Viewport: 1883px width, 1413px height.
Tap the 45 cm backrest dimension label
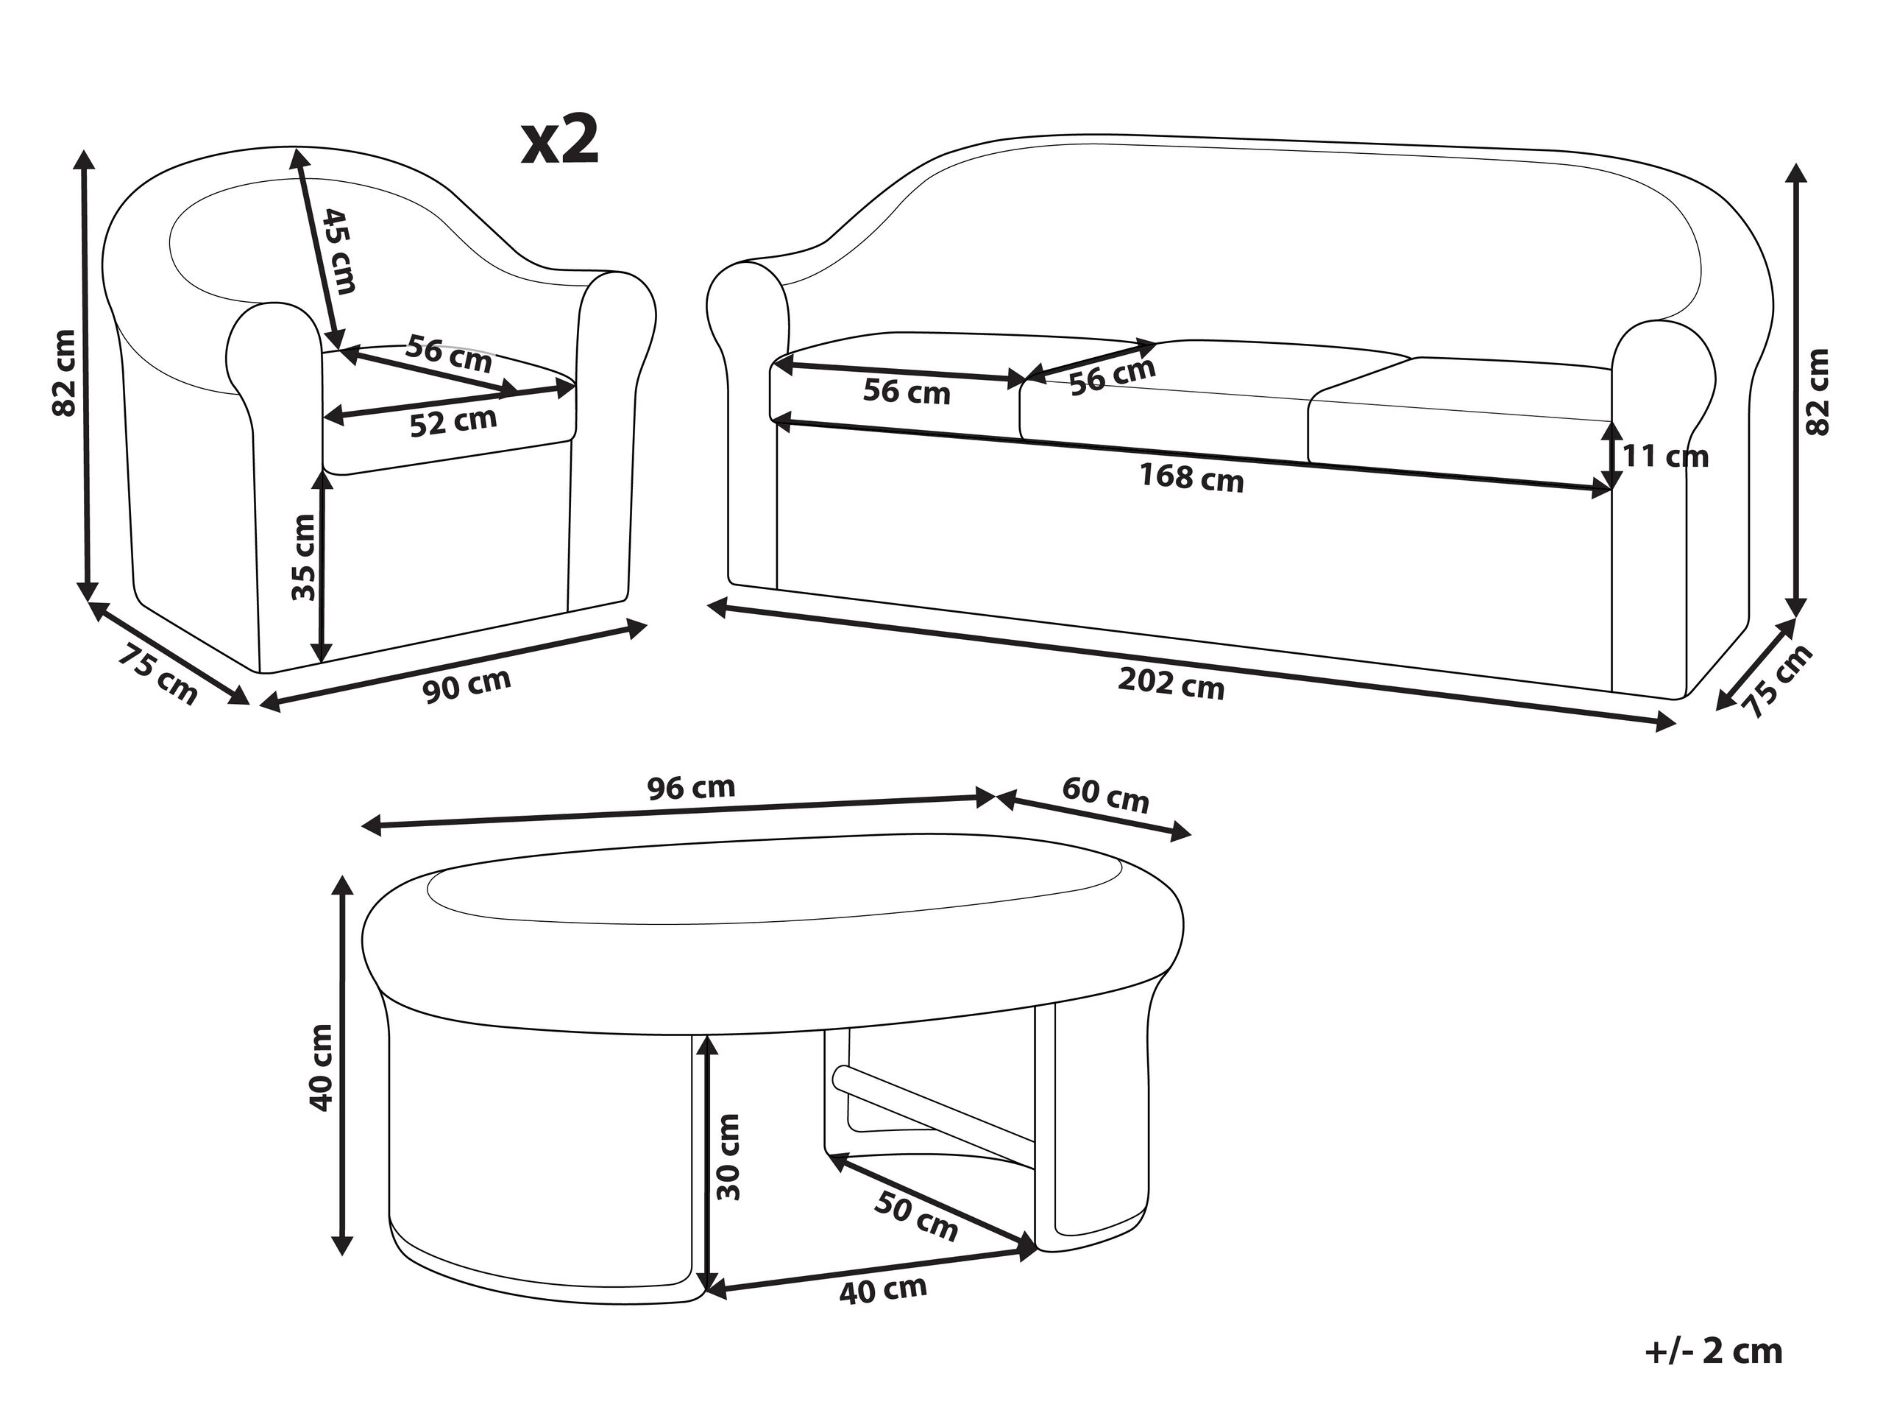click(x=338, y=252)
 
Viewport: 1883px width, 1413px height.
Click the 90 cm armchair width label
click(x=467, y=686)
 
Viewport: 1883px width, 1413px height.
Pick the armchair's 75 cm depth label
click(x=157, y=674)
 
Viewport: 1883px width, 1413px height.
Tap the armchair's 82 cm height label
click(x=65, y=372)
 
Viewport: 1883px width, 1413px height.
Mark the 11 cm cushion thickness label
click(x=1665, y=457)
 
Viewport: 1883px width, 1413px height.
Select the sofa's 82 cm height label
click(x=1817, y=392)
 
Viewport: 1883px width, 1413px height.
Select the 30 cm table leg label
click(x=728, y=1156)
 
